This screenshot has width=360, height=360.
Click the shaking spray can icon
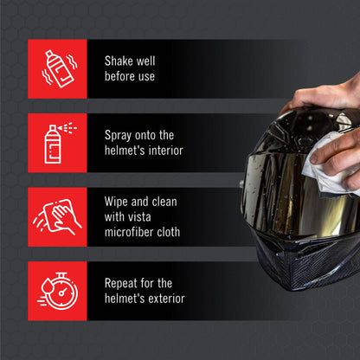[x=57, y=68]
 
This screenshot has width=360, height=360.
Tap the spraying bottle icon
[x=57, y=142]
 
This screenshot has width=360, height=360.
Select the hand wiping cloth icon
[x=57, y=216]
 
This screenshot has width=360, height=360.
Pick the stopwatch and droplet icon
[x=57, y=291]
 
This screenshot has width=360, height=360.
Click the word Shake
[x=120, y=61]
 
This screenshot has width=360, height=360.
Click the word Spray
[x=120, y=136]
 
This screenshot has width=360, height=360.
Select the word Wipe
[x=118, y=202]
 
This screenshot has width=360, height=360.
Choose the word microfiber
[x=130, y=233]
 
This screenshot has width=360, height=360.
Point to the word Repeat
[x=123, y=283]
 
